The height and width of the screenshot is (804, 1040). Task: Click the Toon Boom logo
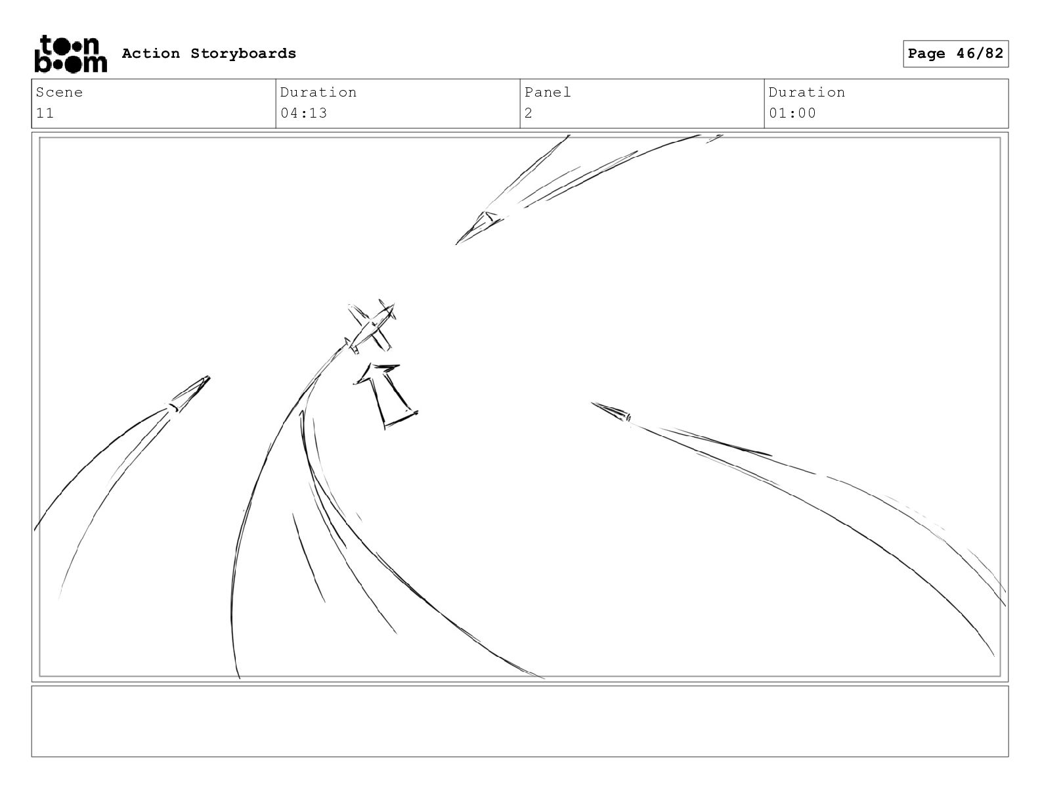click(71, 54)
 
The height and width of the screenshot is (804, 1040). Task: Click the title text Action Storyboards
click(209, 54)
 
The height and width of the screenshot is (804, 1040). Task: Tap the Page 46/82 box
click(955, 54)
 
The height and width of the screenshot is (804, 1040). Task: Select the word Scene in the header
click(59, 92)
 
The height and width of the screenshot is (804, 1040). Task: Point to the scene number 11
click(45, 113)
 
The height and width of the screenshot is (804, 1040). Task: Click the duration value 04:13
click(303, 113)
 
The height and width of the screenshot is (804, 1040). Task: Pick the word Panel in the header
click(548, 92)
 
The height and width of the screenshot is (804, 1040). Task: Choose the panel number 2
click(529, 113)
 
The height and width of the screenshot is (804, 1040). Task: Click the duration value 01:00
click(792, 113)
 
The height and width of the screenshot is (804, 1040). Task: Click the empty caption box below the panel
click(520, 721)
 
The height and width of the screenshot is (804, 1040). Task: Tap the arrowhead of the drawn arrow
click(376, 372)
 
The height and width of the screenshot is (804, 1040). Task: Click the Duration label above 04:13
click(318, 92)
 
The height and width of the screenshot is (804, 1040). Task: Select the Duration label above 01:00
click(807, 92)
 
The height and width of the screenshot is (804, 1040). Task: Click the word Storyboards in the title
click(244, 54)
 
